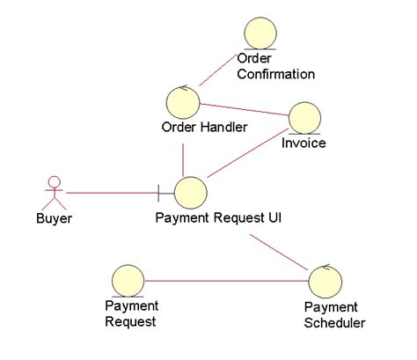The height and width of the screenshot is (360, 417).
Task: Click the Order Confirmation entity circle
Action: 260,33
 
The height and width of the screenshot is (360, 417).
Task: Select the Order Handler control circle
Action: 183,102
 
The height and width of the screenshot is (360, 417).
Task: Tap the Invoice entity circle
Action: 304,118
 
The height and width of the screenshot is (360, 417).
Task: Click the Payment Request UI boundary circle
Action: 191,193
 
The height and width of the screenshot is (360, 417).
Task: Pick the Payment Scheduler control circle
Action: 326,281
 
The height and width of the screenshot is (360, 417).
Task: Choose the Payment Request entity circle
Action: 128,281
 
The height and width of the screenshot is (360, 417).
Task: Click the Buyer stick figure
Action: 55,193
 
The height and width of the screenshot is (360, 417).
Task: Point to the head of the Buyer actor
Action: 55,182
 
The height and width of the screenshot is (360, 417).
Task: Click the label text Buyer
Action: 54,218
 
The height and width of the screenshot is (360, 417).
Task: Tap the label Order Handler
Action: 204,127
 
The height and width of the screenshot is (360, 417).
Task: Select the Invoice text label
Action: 304,143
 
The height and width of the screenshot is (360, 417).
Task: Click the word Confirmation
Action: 276,74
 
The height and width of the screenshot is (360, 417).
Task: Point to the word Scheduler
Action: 334,322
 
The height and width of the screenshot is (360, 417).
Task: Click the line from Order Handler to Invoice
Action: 244,109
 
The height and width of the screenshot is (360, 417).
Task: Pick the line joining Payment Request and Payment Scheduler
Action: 227,281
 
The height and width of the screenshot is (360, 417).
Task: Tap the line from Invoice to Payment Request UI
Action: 248,153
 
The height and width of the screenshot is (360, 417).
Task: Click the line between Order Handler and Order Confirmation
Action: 218,70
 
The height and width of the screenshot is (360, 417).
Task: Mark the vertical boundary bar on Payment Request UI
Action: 158,193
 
